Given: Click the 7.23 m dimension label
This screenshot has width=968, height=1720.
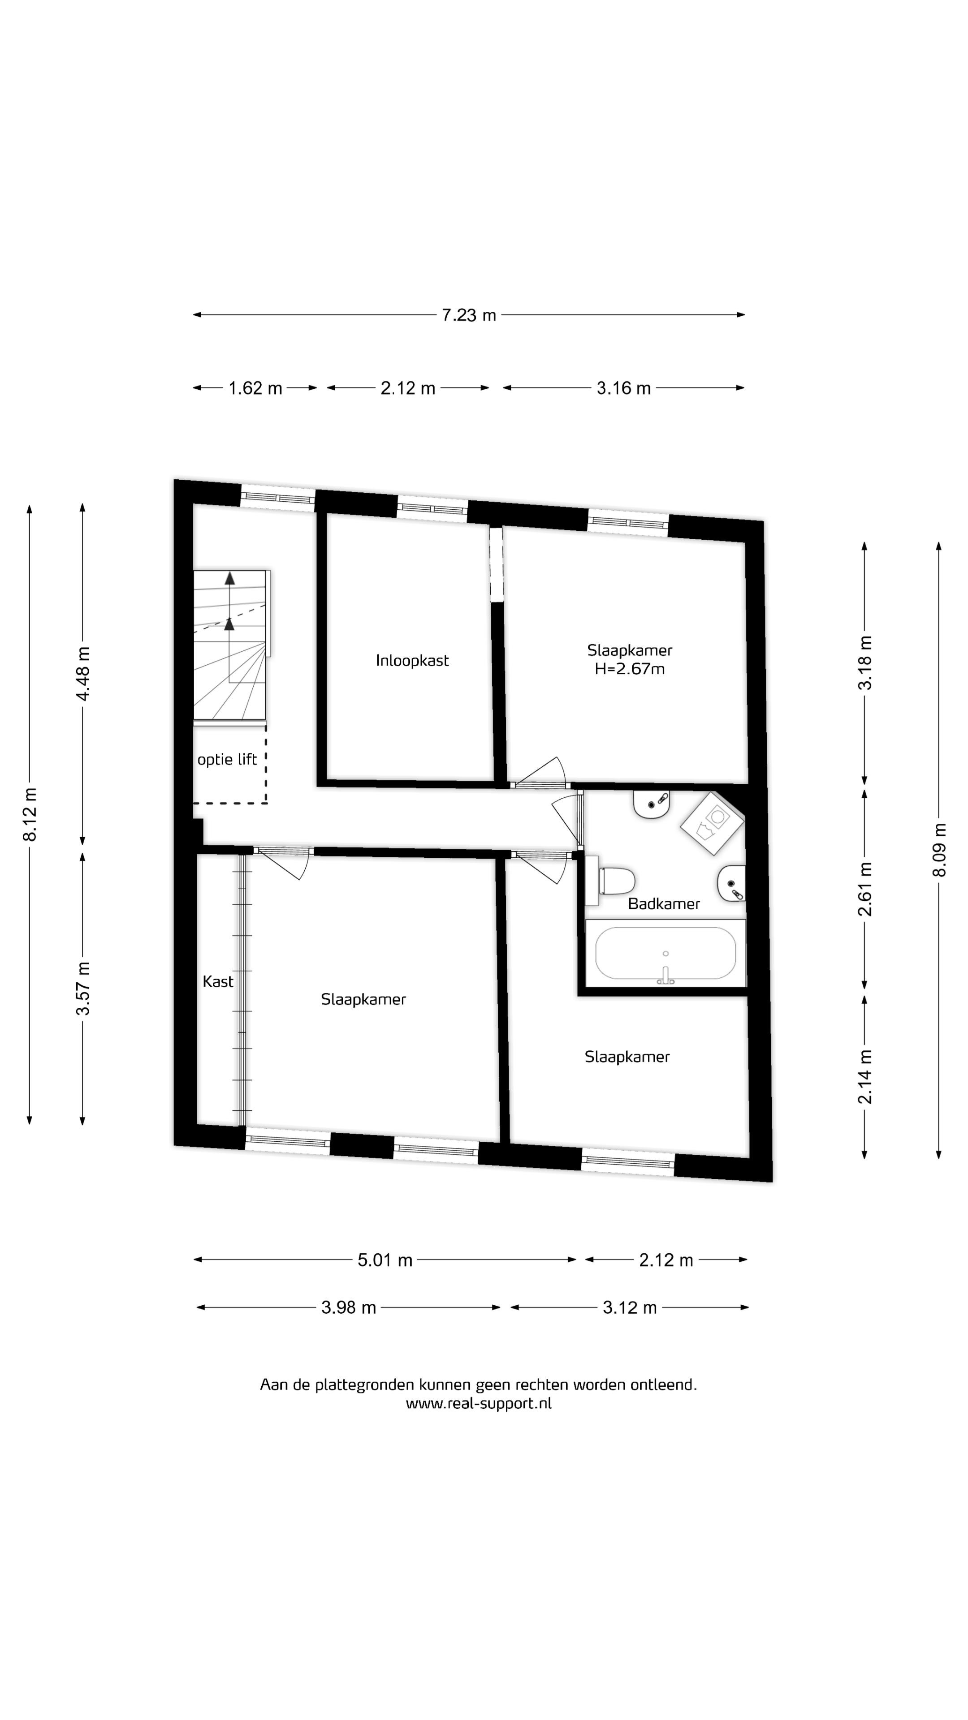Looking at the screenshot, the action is (468, 314).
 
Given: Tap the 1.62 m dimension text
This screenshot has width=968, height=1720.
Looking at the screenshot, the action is (255, 388).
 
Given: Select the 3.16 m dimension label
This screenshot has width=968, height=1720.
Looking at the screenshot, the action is (623, 388).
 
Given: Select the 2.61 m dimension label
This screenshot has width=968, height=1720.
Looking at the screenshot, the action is (865, 889).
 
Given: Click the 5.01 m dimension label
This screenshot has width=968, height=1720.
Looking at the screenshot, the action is (385, 1260).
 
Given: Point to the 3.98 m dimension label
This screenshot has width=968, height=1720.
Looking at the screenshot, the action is (349, 1307).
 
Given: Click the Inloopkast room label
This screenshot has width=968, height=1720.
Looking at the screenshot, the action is (412, 660).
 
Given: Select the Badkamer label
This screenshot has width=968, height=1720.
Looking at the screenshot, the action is (664, 903).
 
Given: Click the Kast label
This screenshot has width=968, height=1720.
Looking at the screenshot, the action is (218, 981).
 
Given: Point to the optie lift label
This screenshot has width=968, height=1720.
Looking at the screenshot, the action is (227, 759).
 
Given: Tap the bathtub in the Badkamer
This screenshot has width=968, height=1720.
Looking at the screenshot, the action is (665, 954).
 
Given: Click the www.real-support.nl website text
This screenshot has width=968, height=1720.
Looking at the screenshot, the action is (478, 1403).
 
